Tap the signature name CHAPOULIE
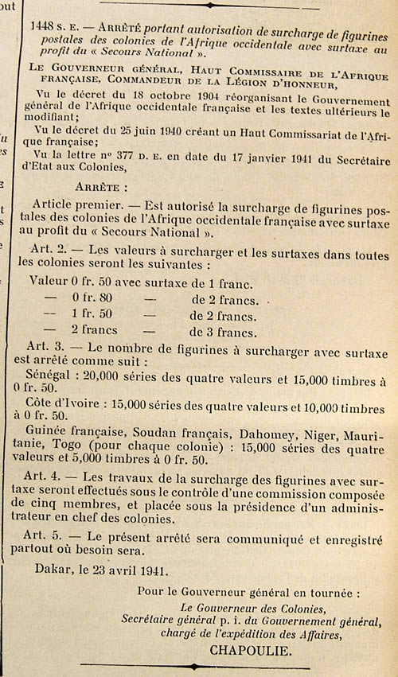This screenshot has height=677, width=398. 248,649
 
